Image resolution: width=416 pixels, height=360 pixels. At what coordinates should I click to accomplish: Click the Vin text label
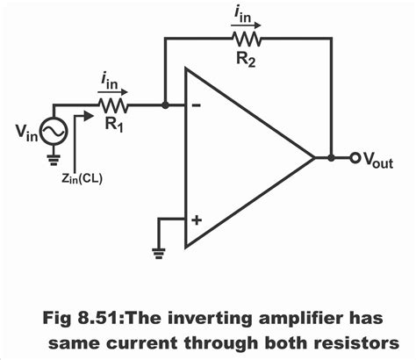point(25,134)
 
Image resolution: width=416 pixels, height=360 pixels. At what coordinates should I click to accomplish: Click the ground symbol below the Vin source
point(54,160)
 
